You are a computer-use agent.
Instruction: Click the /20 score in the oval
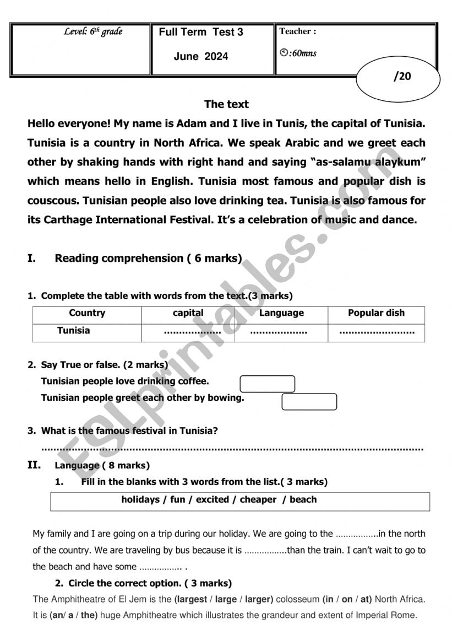click(402, 77)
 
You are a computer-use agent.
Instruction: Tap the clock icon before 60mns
click(284, 53)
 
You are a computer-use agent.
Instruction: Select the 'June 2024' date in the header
click(200, 56)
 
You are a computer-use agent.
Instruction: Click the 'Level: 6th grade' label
click(93, 31)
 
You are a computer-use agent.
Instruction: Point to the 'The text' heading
click(226, 104)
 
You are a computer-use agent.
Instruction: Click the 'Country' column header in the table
click(87, 313)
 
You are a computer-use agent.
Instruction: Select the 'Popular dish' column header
click(376, 313)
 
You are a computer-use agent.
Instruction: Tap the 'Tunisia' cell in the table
click(73, 331)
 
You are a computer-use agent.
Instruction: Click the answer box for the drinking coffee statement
click(268, 384)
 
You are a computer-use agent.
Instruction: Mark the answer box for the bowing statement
click(309, 402)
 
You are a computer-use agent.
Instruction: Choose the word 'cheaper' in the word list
click(258, 499)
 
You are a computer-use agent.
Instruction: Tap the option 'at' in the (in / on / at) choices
click(364, 599)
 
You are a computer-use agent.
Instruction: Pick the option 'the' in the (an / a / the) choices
click(88, 615)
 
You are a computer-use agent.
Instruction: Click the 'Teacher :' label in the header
click(298, 31)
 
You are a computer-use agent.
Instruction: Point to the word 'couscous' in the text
click(50, 201)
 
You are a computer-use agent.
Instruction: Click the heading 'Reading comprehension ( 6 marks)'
click(148, 258)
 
